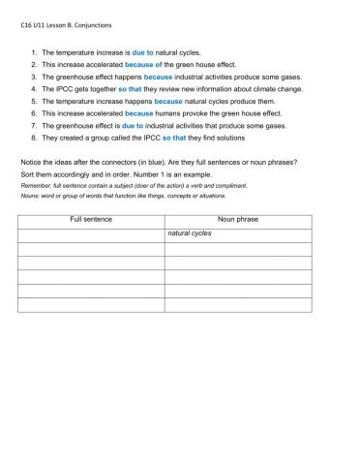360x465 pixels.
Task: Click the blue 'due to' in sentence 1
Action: [x=144, y=51]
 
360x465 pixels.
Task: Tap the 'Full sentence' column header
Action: [x=91, y=220]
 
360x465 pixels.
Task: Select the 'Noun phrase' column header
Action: [x=238, y=220]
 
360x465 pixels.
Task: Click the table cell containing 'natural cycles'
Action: [x=238, y=234]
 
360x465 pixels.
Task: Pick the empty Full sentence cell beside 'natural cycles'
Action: [x=91, y=234]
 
